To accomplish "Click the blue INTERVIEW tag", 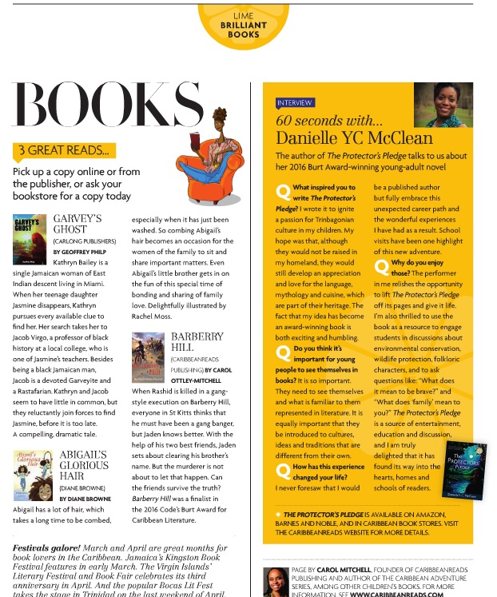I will [296, 103].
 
